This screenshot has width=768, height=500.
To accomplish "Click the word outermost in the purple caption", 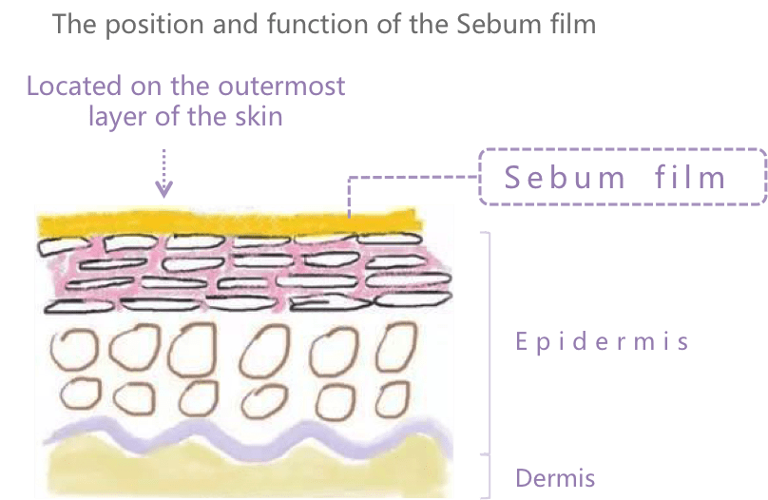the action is [281, 87].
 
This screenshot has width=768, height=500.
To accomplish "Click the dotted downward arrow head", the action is [164, 189].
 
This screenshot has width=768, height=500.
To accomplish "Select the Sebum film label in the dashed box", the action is [615, 177].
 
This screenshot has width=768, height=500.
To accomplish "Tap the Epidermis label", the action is [603, 341].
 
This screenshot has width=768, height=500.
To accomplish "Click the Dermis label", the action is [555, 478].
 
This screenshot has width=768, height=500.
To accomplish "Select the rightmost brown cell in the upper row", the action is [395, 347].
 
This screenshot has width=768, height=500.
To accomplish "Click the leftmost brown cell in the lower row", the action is [81, 394].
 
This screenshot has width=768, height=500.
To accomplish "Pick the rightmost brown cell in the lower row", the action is [393, 399].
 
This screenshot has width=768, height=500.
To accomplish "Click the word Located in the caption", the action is [74, 87].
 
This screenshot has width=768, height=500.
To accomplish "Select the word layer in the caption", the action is [118, 118].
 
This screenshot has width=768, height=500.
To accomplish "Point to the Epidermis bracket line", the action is [490, 343].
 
